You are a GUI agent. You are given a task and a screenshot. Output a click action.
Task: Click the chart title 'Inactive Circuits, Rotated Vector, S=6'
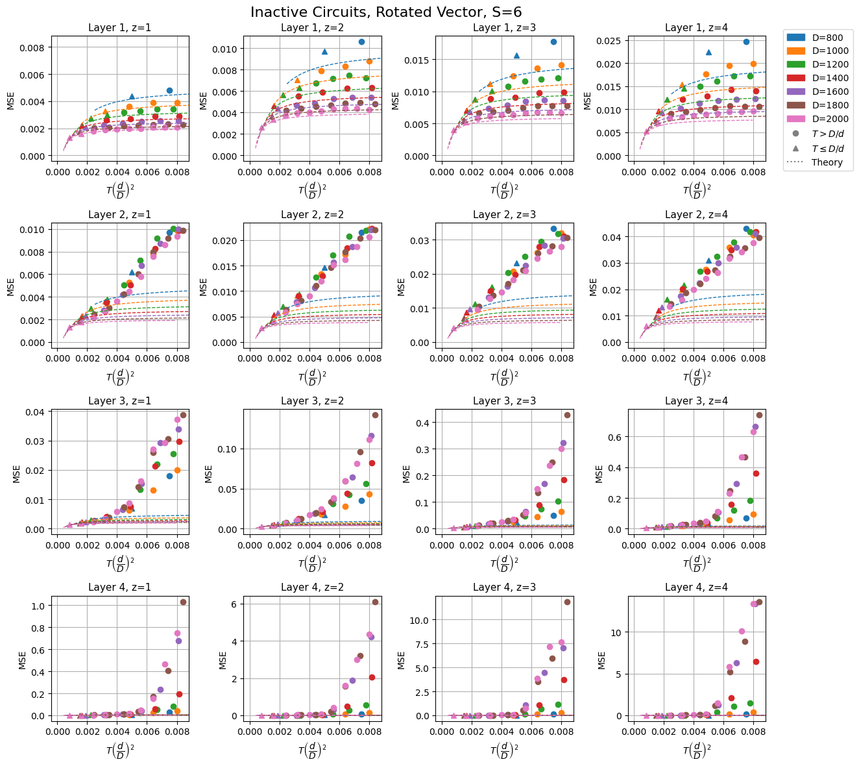pos(386,12)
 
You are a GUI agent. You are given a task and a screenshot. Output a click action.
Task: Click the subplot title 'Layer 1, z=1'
pos(119,28)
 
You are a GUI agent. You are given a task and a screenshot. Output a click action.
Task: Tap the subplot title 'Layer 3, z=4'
pos(696,401)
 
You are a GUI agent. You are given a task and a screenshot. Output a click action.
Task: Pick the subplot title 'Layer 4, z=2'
pos(312,587)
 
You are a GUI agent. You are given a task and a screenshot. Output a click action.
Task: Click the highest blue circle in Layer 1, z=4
pos(746,42)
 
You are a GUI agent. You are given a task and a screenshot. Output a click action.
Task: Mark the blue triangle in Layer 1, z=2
pos(324,51)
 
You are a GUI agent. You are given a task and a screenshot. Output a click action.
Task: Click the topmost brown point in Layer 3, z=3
pos(567,415)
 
